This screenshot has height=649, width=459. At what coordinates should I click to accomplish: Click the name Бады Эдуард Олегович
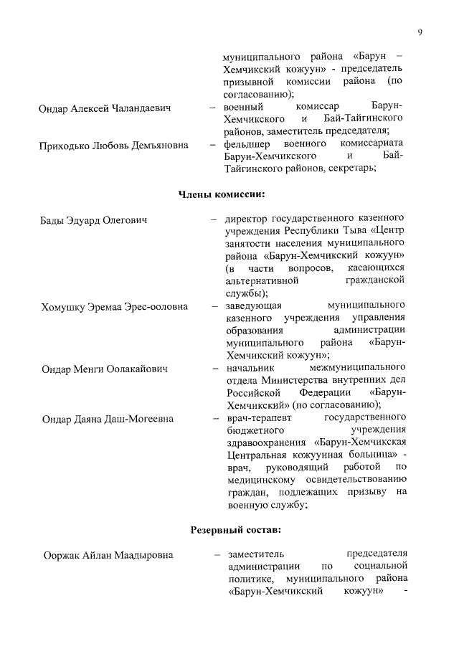point(93,219)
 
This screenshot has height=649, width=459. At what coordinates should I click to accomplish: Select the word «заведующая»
point(251,306)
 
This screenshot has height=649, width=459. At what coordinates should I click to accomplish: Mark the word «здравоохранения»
point(264,442)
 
